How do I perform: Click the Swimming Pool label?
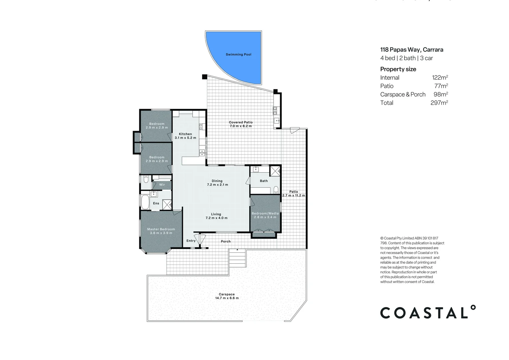239,54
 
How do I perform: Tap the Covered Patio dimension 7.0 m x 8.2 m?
241,126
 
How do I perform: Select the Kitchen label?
185,134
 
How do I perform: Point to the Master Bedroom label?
161,229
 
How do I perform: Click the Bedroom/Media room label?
265,213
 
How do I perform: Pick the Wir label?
162,185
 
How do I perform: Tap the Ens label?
156,203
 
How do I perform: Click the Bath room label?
264,181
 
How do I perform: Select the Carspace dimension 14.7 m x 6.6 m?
227,298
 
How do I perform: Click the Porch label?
226,241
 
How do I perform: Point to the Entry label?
191,241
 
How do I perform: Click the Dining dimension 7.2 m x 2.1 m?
218,185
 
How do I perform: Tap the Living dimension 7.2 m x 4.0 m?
217,218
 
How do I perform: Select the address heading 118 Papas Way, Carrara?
412,50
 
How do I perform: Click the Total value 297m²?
439,103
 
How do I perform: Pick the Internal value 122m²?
440,78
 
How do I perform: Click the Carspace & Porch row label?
403,94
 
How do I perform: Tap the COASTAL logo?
428,312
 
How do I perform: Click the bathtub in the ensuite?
145,202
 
